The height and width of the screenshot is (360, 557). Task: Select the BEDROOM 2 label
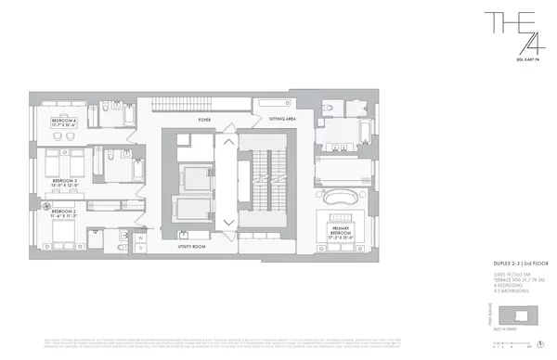point(64,212)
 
